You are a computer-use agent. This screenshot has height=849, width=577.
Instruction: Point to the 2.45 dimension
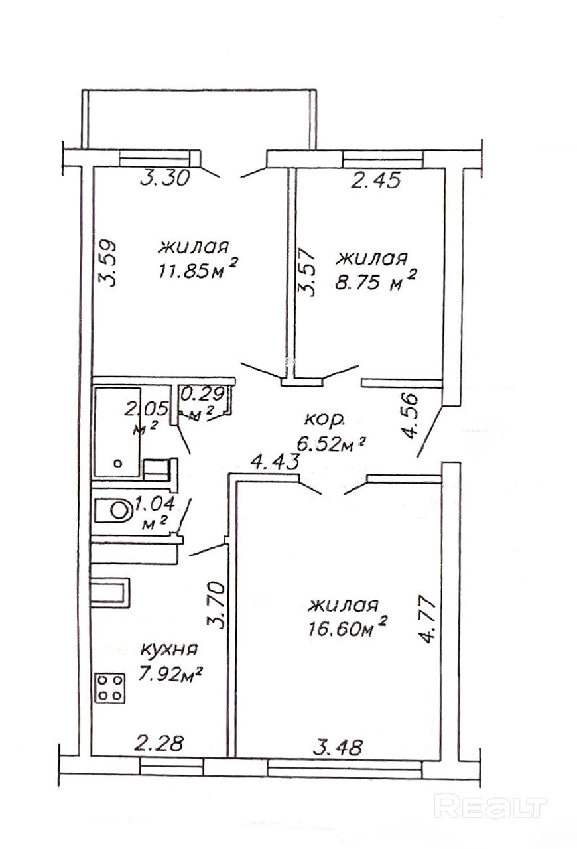pyautogui.click(x=376, y=180)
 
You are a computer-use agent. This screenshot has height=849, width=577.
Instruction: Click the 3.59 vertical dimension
pyautogui.click(x=109, y=261)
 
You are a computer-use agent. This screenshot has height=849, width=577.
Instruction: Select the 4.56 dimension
pyautogui.click(x=411, y=417)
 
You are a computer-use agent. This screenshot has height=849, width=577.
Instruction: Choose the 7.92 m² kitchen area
pyautogui.click(x=170, y=675)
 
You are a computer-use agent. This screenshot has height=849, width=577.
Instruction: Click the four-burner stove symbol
pyautogui.click(x=111, y=687)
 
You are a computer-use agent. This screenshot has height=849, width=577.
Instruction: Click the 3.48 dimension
pyautogui.click(x=338, y=748)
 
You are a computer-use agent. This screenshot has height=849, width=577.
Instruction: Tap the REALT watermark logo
pyautogui.click(x=490, y=807)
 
